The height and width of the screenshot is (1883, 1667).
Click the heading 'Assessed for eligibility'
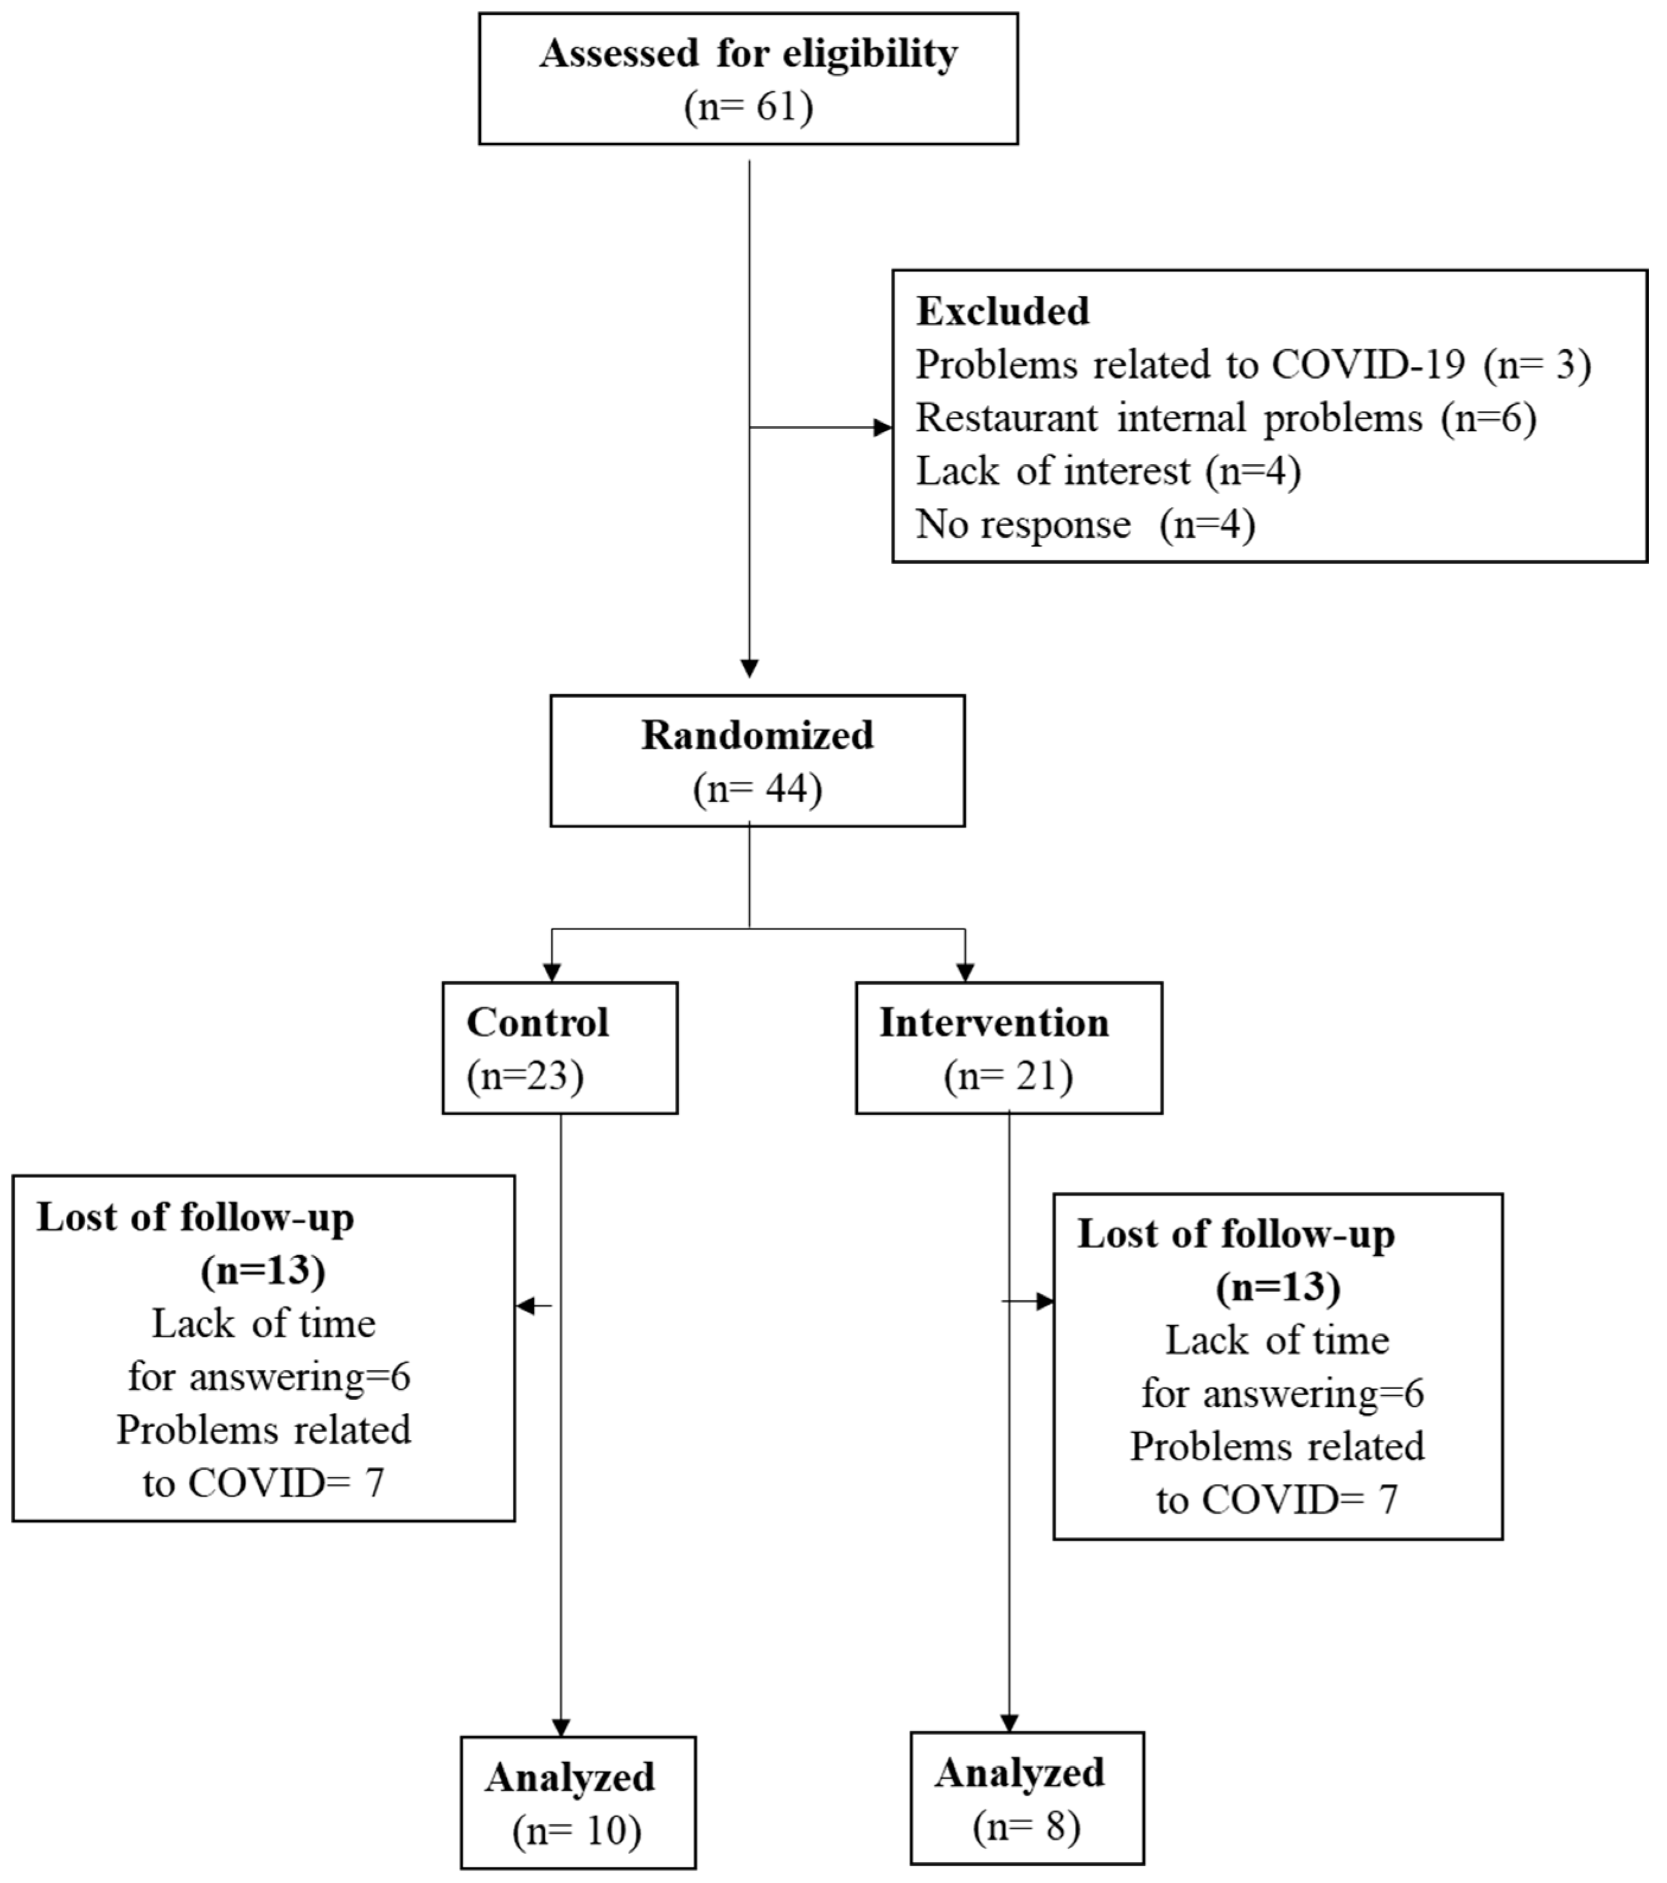[x=748, y=53]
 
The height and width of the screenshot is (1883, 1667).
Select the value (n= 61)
[x=748, y=107]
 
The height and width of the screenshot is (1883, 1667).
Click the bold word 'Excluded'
[x=1002, y=311]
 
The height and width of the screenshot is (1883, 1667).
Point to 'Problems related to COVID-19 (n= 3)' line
[x=1253, y=365]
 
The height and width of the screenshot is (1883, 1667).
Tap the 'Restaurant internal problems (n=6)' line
[x=1225, y=418]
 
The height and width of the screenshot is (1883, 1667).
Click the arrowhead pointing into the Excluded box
[x=882, y=427]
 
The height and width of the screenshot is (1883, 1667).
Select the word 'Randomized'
[x=757, y=735]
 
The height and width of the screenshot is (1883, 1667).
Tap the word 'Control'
[x=537, y=1023]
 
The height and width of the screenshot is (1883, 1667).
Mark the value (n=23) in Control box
[x=525, y=1076]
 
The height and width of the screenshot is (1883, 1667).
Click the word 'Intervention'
[x=994, y=1023]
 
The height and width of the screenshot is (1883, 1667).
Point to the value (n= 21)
[x=1008, y=1076]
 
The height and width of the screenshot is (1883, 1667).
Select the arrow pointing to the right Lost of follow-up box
[x=1043, y=1302]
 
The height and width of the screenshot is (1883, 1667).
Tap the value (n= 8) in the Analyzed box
[x=1026, y=1826]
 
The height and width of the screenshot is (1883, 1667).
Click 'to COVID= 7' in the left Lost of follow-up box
[x=263, y=1483]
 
